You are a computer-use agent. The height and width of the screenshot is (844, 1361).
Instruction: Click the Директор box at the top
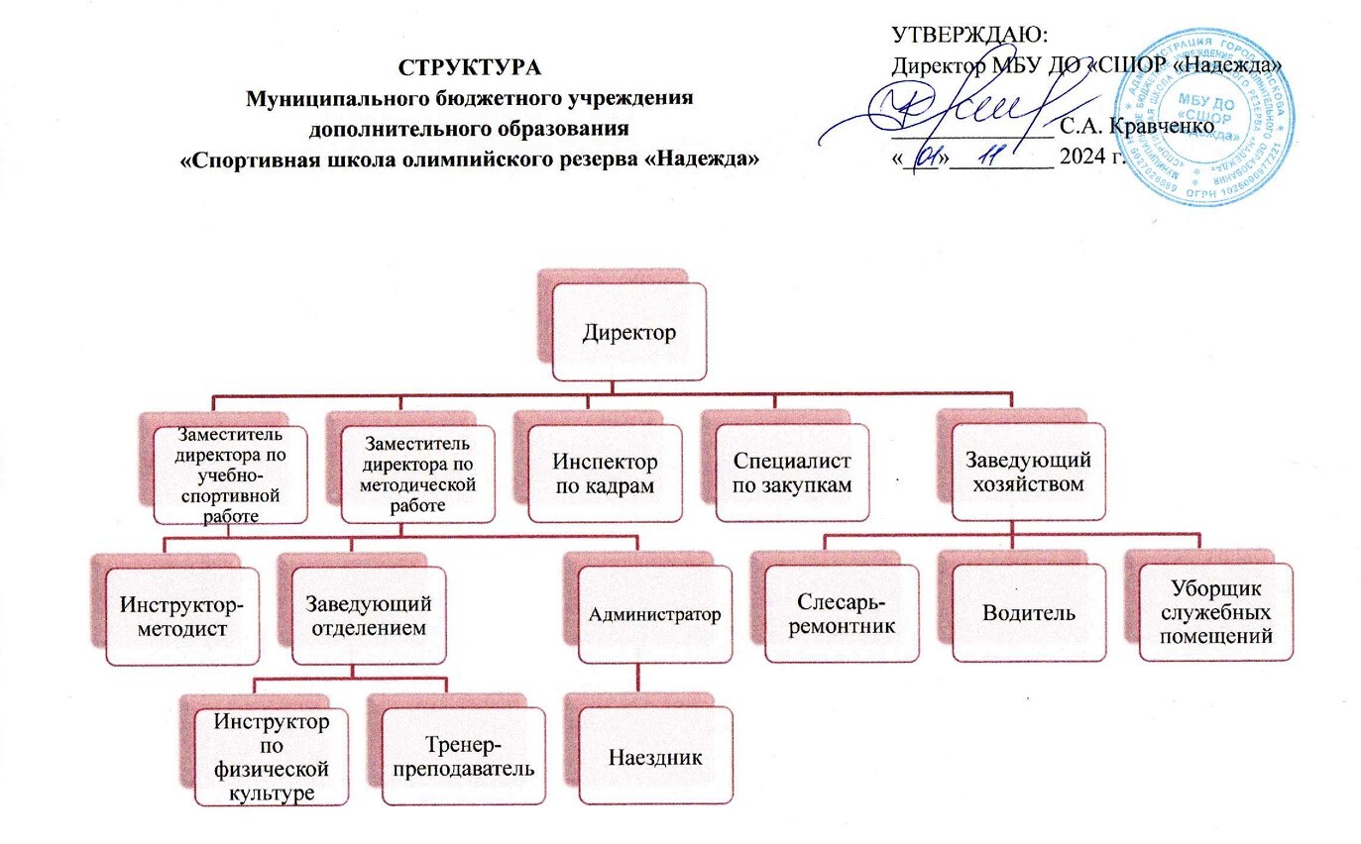coord(629,332)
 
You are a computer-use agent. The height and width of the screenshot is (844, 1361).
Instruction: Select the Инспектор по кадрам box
coord(605,474)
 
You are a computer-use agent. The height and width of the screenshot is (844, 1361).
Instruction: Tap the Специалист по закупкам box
coord(792,474)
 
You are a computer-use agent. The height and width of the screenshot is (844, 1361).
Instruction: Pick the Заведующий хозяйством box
coord(1028,472)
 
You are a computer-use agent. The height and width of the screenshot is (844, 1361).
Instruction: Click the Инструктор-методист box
coord(182,615)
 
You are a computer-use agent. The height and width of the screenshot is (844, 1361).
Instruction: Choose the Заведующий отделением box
coord(368,614)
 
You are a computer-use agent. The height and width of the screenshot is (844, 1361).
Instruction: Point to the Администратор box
coord(654,613)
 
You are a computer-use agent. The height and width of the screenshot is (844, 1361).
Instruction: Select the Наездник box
coord(654,758)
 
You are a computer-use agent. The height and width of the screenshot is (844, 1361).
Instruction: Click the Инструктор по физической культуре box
coord(271,758)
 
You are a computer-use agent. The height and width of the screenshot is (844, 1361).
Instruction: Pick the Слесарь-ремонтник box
coord(842,614)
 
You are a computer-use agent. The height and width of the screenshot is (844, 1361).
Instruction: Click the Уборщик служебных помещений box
coord(1215,612)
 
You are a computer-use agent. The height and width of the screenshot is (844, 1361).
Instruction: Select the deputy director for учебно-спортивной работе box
coord(228,475)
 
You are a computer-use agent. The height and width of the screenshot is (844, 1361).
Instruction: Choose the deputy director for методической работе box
coord(419,473)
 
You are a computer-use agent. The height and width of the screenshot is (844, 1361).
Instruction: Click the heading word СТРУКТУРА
coord(471,67)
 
